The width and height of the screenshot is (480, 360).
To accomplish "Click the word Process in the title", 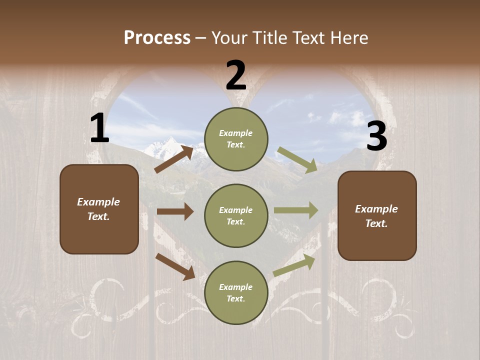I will click(x=157, y=38).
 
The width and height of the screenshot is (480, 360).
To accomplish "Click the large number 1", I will click(x=99, y=129).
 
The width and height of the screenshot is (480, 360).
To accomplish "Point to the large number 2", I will click(x=236, y=75).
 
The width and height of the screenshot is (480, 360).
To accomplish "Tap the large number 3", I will click(x=376, y=137).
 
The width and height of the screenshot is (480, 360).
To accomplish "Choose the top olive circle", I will click(x=236, y=138).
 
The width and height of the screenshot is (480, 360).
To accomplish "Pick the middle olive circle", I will click(x=236, y=215).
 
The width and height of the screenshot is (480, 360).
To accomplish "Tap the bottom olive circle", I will click(x=236, y=292).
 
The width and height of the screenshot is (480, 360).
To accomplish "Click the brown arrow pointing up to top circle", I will click(x=174, y=159).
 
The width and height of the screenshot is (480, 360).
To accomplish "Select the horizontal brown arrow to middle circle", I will click(x=175, y=211).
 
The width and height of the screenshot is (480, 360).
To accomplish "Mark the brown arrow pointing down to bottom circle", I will click(x=175, y=266).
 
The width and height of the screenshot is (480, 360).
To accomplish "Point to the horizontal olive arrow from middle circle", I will click(x=296, y=210).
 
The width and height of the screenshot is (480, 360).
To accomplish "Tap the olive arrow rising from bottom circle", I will click(x=294, y=264).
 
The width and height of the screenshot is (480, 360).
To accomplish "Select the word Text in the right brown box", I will click(x=376, y=223).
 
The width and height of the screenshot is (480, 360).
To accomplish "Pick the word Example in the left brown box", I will click(x=98, y=202).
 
